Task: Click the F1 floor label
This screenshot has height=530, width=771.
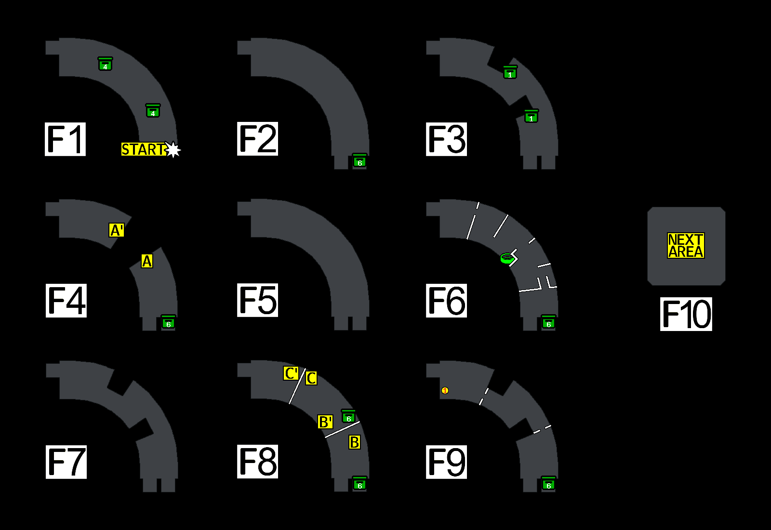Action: (x=65, y=139)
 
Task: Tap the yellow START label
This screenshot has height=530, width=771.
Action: (x=143, y=149)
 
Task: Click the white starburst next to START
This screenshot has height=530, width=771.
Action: (x=173, y=150)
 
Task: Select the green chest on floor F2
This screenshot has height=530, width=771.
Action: (x=359, y=160)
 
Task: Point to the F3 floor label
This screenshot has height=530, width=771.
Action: (x=446, y=139)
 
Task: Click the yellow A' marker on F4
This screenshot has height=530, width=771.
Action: (x=117, y=230)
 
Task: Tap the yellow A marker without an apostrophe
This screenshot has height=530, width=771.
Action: (x=147, y=261)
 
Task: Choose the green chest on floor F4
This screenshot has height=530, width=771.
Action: (x=168, y=322)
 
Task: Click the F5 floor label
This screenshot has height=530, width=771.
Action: (x=257, y=300)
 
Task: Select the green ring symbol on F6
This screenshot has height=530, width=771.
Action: (x=506, y=258)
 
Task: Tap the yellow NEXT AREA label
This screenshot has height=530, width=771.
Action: (x=686, y=246)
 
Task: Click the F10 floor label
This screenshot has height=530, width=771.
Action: (x=686, y=314)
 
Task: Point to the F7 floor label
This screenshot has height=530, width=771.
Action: (x=66, y=462)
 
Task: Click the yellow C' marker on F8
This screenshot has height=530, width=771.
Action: (x=291, y=373)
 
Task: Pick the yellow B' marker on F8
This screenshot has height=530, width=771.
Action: (x=325, y=422)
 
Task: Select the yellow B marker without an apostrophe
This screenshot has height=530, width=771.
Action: (x=355, y=442)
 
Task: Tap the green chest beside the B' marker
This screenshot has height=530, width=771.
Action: (x=348, y=416)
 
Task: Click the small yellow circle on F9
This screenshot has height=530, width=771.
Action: (x=445, y=390)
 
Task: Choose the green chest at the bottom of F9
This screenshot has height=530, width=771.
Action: (x=548, y=483)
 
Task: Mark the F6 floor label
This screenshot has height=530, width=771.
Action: (x=446, y=301)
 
